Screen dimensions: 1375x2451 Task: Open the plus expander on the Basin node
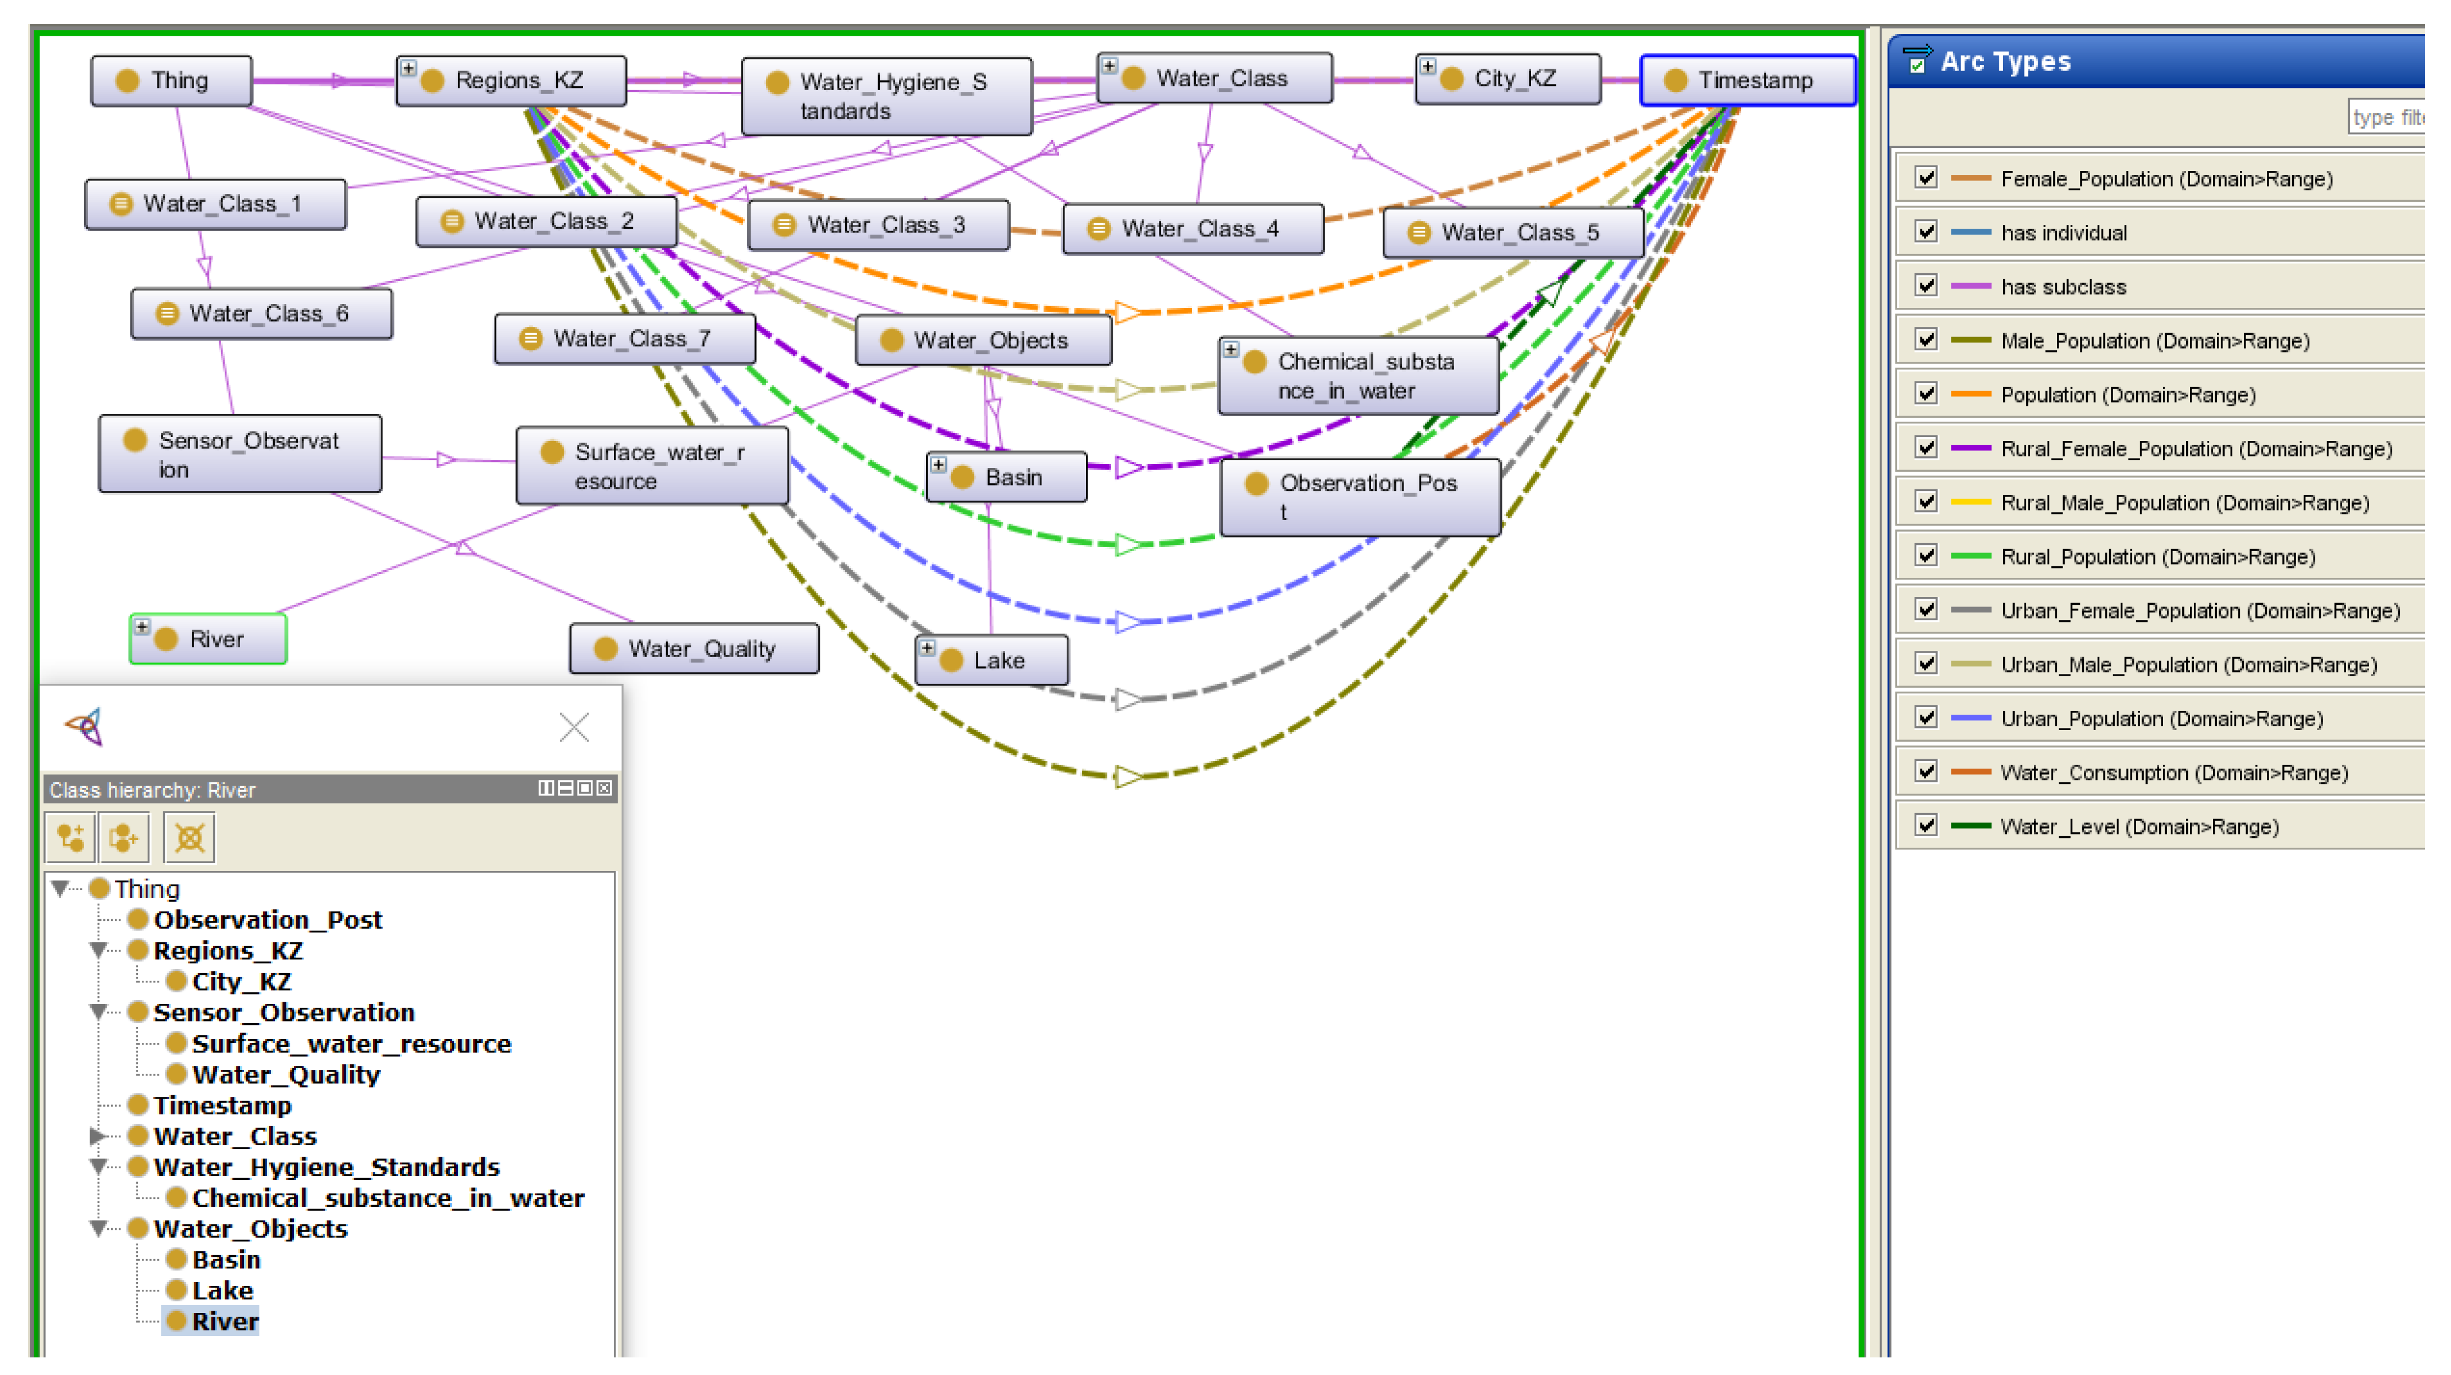[x=938, y=465]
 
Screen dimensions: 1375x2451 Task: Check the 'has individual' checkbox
[x=1926, y=232]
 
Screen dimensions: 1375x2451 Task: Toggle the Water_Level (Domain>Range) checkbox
[x=1926, y=826]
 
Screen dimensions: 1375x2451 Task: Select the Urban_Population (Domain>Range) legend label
[x=2161, y=719]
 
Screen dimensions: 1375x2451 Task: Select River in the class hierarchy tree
[x=225, y=1322]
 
